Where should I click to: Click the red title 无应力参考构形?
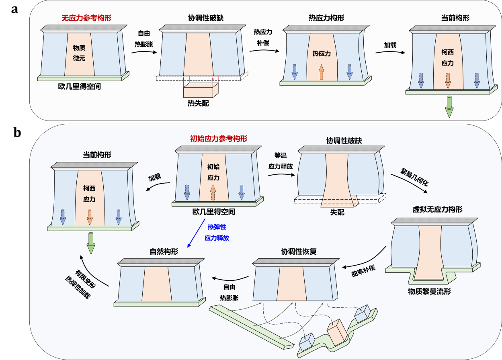click(x=86, y=18)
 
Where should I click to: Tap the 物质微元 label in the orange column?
click(x=79, y=53)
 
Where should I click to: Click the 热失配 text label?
click(x=198, y=103)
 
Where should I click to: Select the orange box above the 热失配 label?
click(x=201, y=90)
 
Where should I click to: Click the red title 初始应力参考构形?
click(x=219, y=139)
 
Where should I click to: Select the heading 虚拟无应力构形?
click(x=437, y=209)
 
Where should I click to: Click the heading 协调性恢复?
click(x=299, y=252)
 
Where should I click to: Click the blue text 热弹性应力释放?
click(x=217, y=233)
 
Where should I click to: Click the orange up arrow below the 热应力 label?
click(x=321, y=73)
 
